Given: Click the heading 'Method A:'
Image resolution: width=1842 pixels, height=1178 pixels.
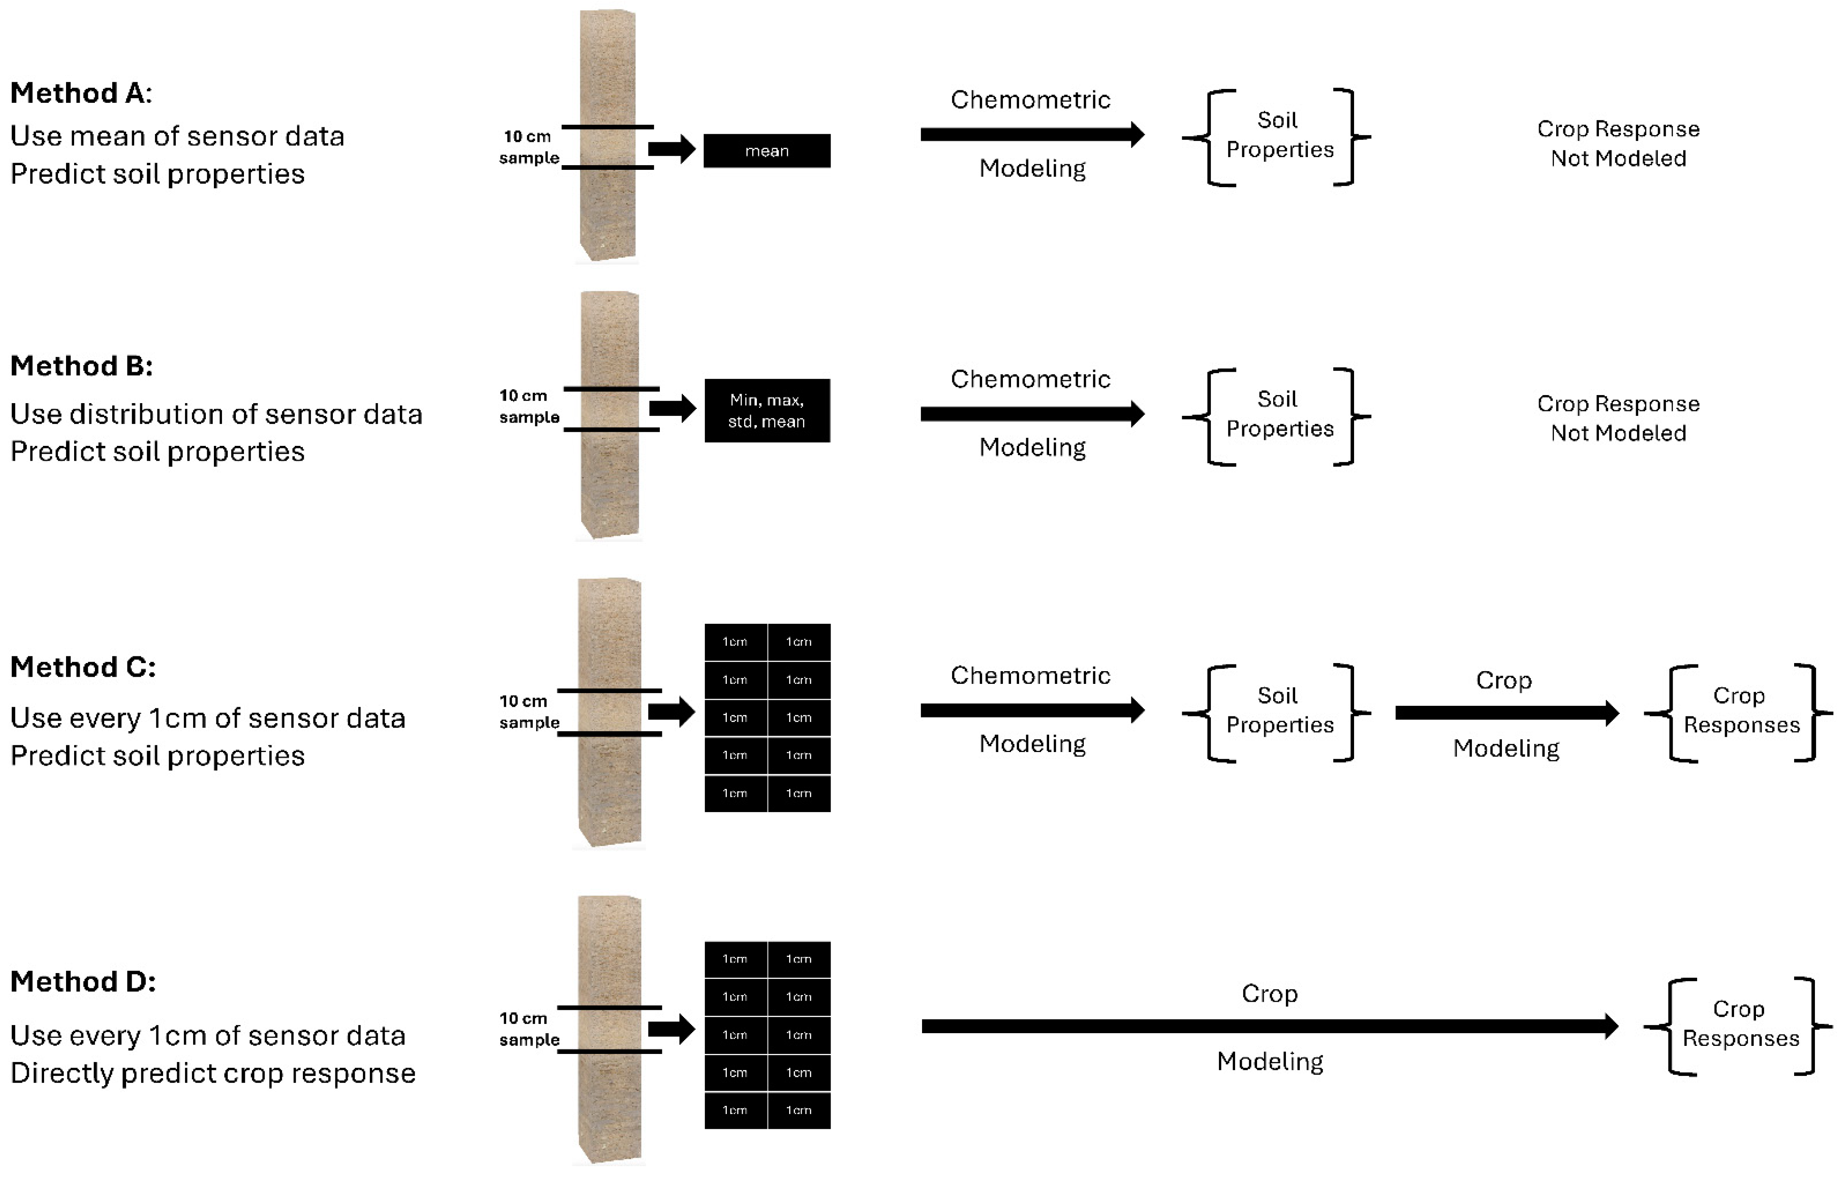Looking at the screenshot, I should [81, 93].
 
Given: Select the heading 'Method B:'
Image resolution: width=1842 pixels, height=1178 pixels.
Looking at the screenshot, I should [81, 366].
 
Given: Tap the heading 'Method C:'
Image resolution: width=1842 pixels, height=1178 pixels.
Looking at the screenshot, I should [83, 667].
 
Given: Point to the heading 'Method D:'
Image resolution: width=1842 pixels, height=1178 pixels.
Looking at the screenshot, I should [83, 982].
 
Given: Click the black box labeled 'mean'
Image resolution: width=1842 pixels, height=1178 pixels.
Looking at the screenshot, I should [767, 151].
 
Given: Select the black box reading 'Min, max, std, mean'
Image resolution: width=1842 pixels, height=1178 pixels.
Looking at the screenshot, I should [767, 411].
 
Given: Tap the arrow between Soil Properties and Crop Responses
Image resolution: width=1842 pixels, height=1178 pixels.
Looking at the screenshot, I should [1505, 713].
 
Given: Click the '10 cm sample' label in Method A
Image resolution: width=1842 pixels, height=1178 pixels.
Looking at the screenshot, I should [529, 147].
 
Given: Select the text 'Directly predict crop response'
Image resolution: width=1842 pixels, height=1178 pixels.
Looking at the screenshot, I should [213, 1073].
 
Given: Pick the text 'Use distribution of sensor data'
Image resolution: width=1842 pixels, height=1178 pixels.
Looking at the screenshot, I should [216, 414].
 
